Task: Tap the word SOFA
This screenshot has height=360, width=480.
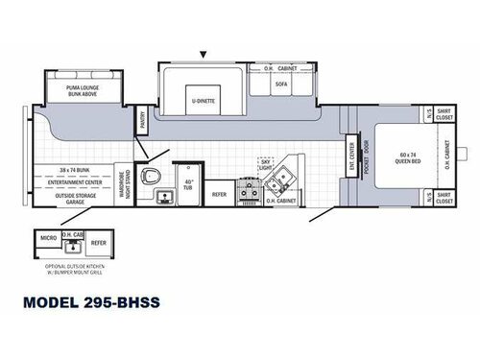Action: (280, 84)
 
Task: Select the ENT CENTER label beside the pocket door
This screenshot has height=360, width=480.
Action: (352, 152)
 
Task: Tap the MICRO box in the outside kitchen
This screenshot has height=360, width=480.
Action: (45, 236)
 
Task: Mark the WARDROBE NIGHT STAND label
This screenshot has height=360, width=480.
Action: (126, 182)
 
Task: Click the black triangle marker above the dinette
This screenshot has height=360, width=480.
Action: (203, 54)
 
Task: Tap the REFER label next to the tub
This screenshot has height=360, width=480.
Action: (219, 194)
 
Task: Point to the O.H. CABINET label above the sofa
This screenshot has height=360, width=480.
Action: (280, 69)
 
